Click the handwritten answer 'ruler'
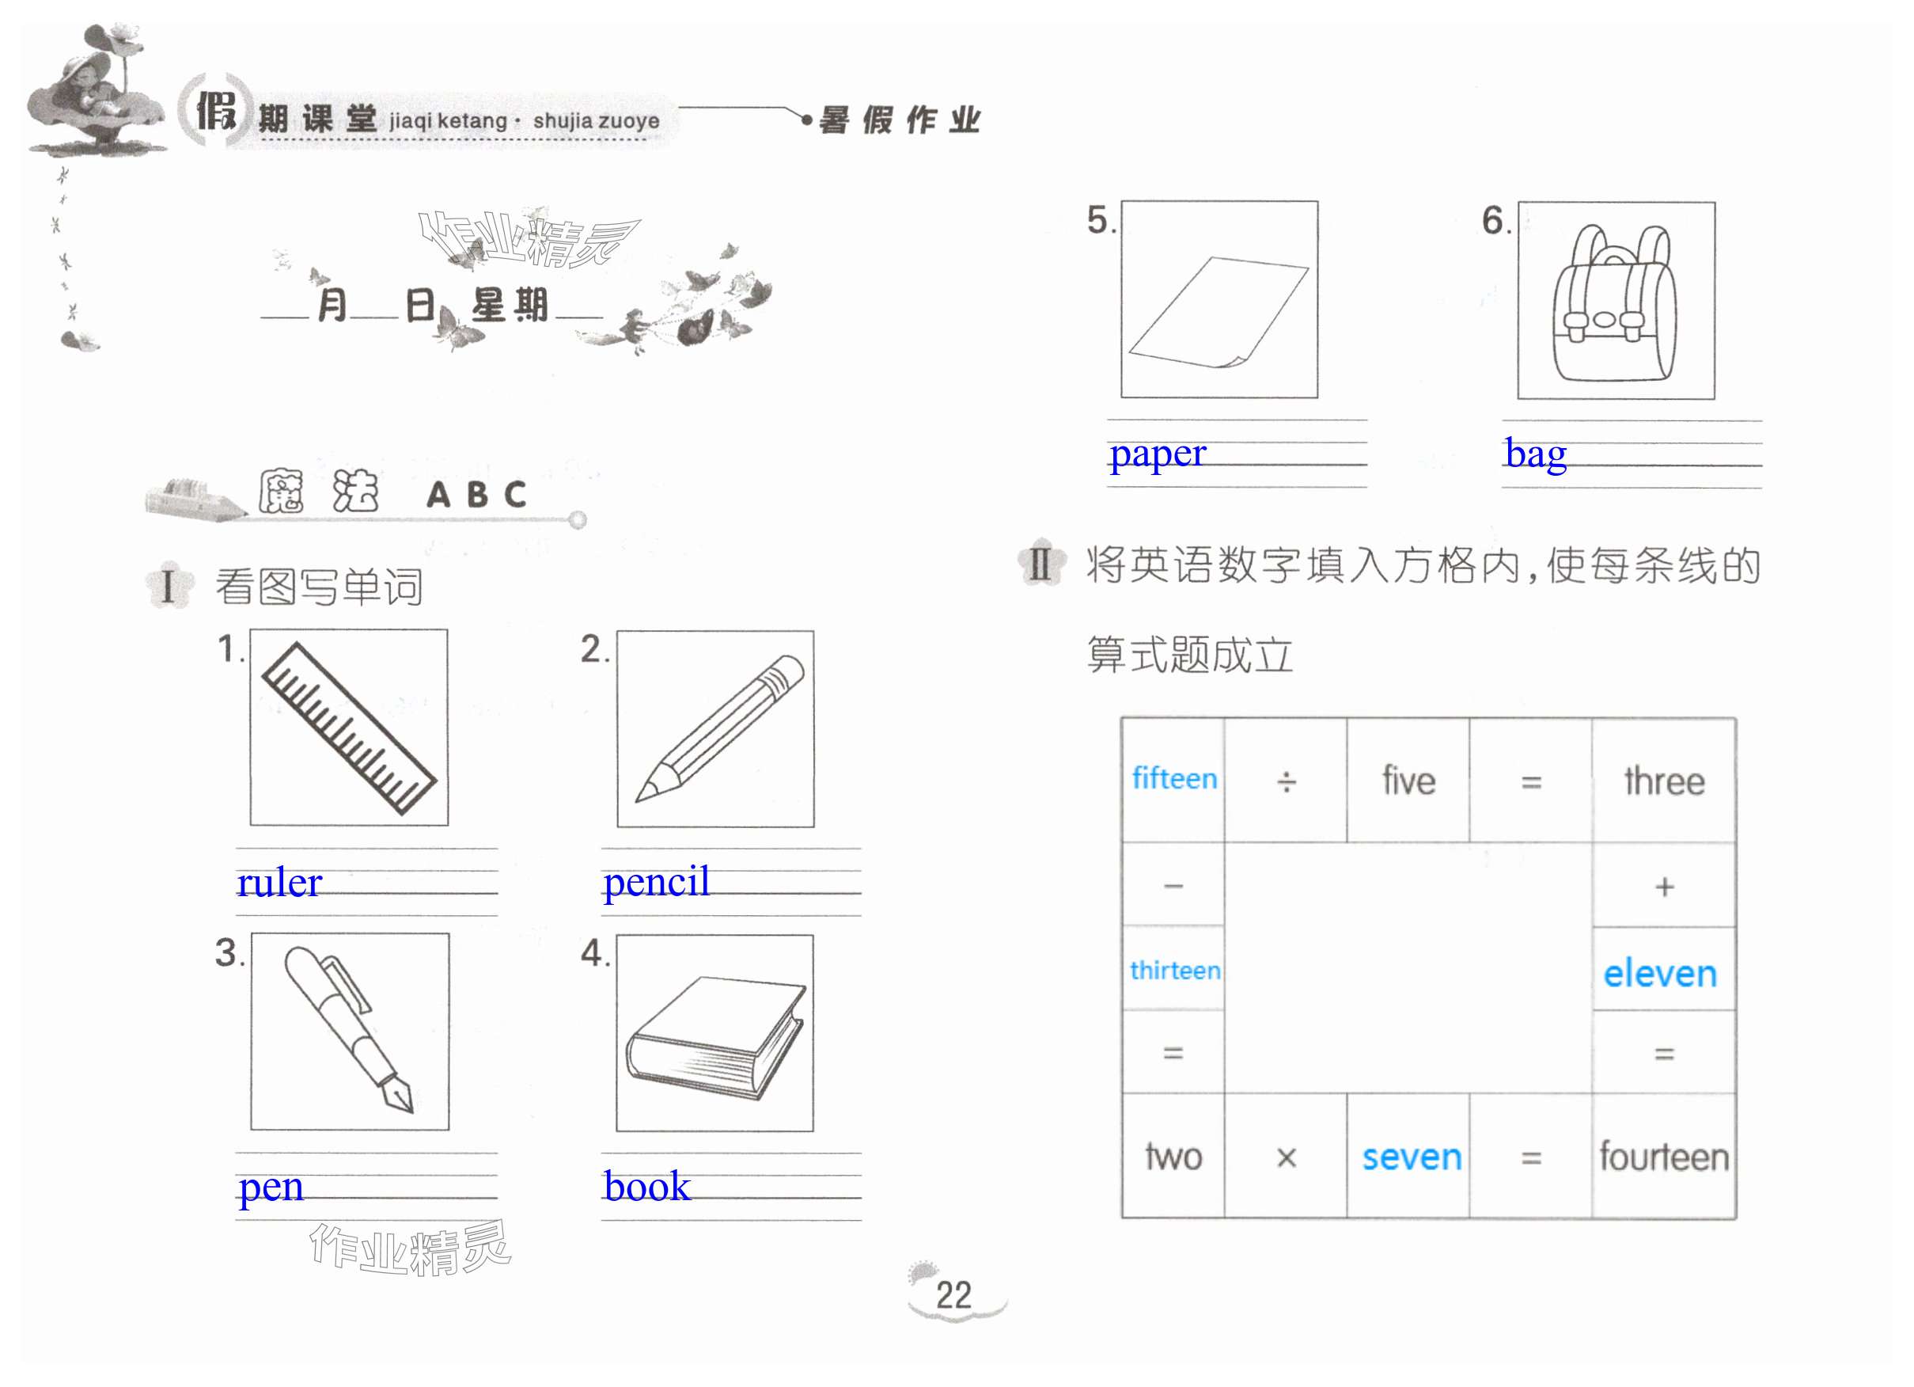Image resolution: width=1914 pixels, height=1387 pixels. (x=279, y=883)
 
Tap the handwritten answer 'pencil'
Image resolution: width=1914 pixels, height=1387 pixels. (x=656, y=882)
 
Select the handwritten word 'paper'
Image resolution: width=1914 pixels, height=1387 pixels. (x=1157, y=454)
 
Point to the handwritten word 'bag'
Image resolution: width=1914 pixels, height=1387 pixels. (x=1535, y=454)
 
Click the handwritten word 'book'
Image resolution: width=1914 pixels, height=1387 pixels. (x=646, y=1186)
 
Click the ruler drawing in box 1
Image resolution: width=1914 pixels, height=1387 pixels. (x=348, y=728)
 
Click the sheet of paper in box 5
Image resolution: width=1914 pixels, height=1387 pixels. (x=1219, y=313)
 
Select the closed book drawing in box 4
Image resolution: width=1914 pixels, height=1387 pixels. (x=714, y=1039)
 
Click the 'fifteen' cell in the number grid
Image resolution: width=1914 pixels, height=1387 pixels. (x=1174, y=778)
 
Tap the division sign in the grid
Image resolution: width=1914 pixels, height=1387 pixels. (x=1285, y=782)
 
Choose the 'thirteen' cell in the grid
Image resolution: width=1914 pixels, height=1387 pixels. (x=1175, y=970)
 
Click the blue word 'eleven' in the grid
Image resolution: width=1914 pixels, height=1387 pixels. (x=1660, y=973)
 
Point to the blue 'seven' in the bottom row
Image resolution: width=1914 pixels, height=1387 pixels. (x=1411, y=1157)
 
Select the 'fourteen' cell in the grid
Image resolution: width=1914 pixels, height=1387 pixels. (x=1663, y=1157)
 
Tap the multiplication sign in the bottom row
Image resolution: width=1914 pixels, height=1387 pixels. (x=1286, y=1157)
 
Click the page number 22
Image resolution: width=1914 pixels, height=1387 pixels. (x=953, y=1295)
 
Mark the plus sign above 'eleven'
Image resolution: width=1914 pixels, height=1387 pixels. (x=1664, y=887)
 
